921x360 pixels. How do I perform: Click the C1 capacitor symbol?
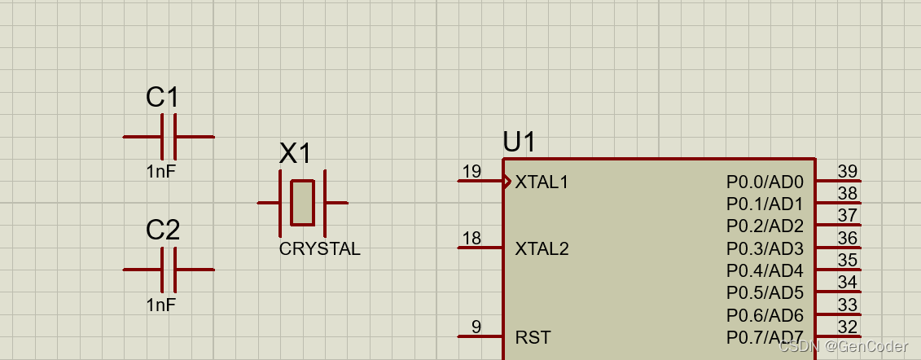169,137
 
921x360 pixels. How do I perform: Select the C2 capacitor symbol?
169,270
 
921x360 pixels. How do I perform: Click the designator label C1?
163,98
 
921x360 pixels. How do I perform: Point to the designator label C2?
163,230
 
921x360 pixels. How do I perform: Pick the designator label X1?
296,153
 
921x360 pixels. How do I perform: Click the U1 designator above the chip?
520,143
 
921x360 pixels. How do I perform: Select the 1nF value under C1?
161,172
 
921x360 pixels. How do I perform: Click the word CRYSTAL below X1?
319,249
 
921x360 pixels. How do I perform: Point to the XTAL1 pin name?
542,182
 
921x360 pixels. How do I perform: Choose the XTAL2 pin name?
542,248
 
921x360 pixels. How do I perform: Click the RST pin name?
533,337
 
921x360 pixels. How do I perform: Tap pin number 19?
471,171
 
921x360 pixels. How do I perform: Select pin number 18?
471,238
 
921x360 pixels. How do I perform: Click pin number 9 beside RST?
476,327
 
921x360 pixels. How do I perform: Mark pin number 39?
848,171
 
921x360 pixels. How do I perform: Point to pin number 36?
848,238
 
